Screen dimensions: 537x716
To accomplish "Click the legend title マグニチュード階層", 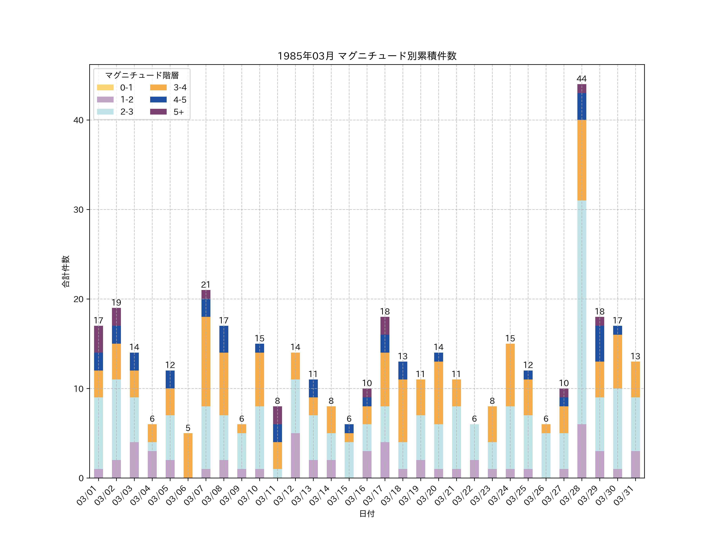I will pos(142,75).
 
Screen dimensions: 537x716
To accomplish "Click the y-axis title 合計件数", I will pos(65,271).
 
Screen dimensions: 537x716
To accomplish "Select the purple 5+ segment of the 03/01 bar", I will pos(98,339).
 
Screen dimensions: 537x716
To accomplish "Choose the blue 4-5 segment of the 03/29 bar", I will pos(599,343).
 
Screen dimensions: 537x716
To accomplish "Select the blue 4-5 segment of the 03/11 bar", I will pos(277,433).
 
